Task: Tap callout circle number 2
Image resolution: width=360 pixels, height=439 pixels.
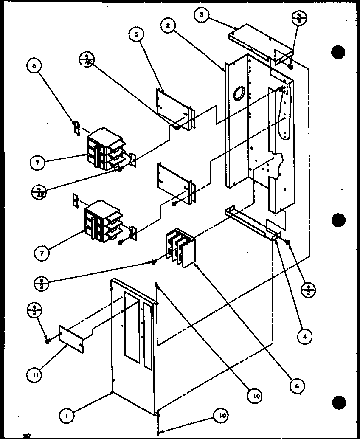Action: coord(168,25)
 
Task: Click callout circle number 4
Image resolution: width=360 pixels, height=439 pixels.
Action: coord(305,337)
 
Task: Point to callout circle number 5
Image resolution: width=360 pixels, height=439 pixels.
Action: coord(136,35)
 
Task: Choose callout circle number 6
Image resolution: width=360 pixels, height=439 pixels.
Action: coord(297,386)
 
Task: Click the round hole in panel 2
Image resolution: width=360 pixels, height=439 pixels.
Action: coord(239,93)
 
